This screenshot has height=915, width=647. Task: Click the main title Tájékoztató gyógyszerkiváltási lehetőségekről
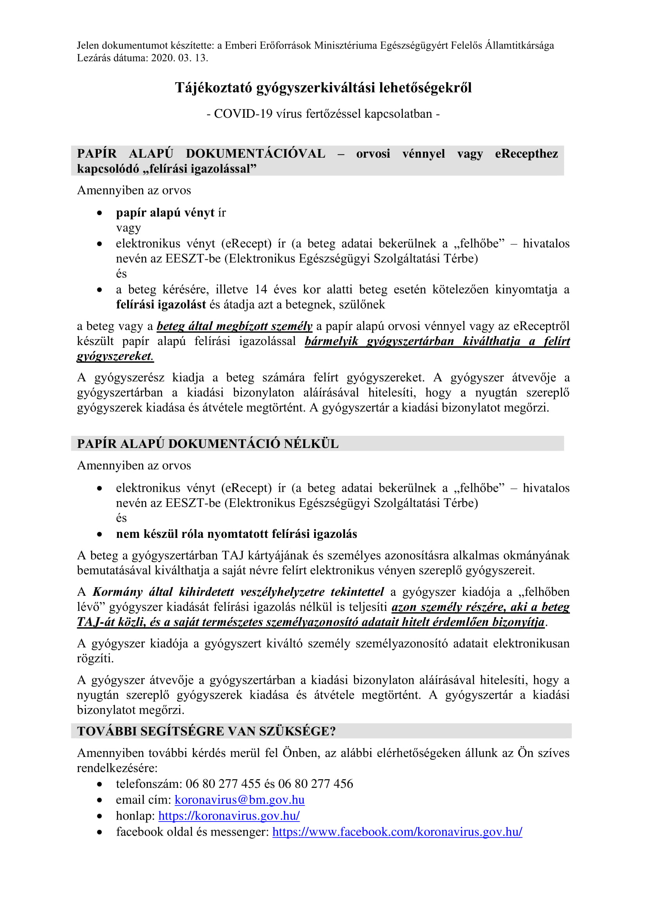coord(323,88)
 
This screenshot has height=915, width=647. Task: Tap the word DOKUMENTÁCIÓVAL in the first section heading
coord(255,154)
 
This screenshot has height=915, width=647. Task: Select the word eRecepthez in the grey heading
coord(526,154)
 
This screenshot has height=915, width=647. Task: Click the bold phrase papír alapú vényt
coord(165,213)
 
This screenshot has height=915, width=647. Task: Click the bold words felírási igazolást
coord(161,304)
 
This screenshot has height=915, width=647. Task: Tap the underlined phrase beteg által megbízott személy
coord(234,326)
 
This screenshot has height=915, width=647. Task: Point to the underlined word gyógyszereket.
coord(115,356)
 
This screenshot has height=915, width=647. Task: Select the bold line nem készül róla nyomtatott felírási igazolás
coord(236,534)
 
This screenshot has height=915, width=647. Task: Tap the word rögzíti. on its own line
coord(95,658)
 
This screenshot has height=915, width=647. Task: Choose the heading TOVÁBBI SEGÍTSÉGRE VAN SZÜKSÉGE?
coord(207,731)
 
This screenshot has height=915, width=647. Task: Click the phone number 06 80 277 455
coord(223,784)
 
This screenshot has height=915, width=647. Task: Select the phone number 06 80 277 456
coord(315,784)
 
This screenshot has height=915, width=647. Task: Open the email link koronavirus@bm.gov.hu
coord(239,800)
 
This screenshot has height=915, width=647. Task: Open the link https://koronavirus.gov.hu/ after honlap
coord(229,816)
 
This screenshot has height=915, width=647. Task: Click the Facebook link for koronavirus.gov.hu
coord(397,832)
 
